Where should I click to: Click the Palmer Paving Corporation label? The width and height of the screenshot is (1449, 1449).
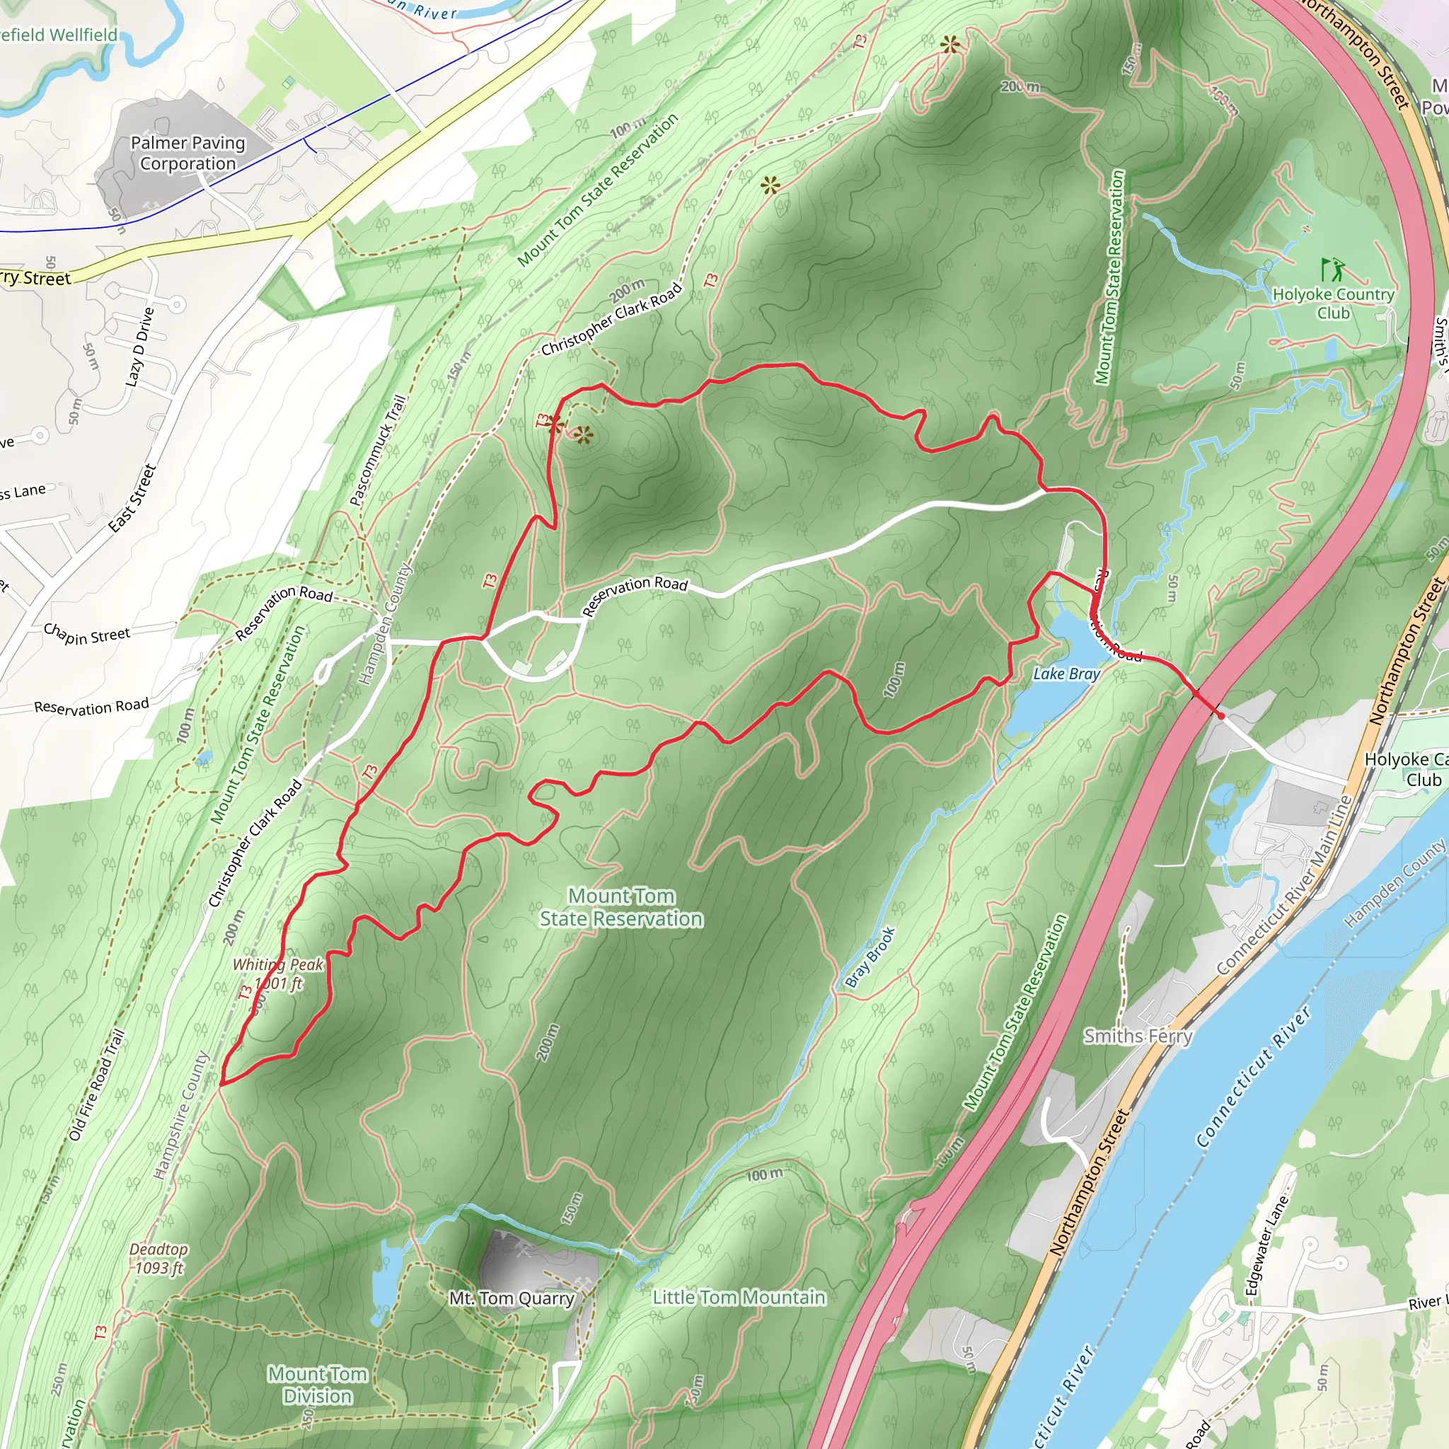tap(187, 153)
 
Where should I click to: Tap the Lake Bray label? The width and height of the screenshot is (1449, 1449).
tap(1066, 674)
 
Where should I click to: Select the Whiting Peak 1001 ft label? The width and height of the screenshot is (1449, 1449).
tap(278, 974)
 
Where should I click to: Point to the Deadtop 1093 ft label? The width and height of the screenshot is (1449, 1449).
tap(159, 1259)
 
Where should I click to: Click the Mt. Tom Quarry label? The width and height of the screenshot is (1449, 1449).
tap(512, 1298)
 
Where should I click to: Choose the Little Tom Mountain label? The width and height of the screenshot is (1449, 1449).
tap(739, 1298)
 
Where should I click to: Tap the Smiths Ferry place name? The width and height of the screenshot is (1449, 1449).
tap(1138, 1037)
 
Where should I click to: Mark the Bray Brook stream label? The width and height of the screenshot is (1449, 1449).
tap(870, 958)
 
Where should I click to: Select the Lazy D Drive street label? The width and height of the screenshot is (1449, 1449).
tap(139, 347)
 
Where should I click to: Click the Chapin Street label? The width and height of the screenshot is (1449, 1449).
tap(86, 634)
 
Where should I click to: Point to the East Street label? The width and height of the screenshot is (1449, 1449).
tap(132, 498)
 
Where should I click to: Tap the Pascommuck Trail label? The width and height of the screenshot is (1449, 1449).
tap(377, 451)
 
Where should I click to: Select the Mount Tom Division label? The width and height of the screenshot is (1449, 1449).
tap(317, 1385)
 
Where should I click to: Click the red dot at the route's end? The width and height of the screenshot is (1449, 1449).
tap(1221, 716)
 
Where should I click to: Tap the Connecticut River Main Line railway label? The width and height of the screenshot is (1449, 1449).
tap(1283, 886)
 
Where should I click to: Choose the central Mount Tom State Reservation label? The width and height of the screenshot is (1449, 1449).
tap(621, 907)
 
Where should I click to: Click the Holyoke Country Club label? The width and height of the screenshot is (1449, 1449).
tap(1333, 304)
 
